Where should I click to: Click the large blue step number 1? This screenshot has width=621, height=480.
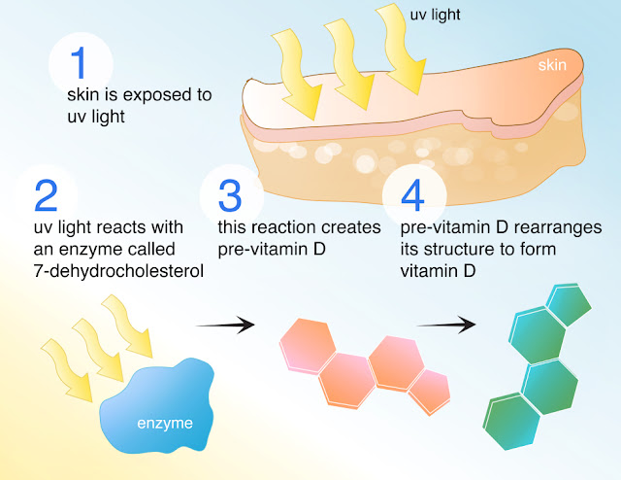(x=79, y=62)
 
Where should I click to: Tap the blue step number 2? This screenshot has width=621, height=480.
(x=46, y=195)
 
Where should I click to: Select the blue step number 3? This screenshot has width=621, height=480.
(x=230, y=195)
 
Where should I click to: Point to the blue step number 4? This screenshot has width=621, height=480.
(x=412, y=195)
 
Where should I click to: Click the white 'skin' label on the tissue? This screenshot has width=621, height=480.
(x=552, y=65)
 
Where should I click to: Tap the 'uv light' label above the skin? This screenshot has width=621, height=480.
(x=435, y=16)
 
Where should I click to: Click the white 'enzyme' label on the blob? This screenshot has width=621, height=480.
(x=165, y=424)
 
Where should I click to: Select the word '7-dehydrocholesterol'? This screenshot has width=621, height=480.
(x=118, y=271)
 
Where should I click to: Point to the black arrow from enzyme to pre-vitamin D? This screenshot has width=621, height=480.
(x=225, y=325)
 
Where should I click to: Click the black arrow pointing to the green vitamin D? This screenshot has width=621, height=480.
(x=446, y=325)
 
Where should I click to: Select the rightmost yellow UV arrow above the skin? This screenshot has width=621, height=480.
(x=402, y=50)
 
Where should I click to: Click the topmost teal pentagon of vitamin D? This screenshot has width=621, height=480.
(x=570, y=304)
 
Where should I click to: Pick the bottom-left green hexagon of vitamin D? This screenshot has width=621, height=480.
(x=511, y=422)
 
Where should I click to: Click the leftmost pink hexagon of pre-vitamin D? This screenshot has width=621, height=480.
(x=308, y=346)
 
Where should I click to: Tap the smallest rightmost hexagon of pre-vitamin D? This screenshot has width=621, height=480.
(x=429, y=392)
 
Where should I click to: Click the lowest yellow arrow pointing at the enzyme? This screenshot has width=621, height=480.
(x=67, y=370)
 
